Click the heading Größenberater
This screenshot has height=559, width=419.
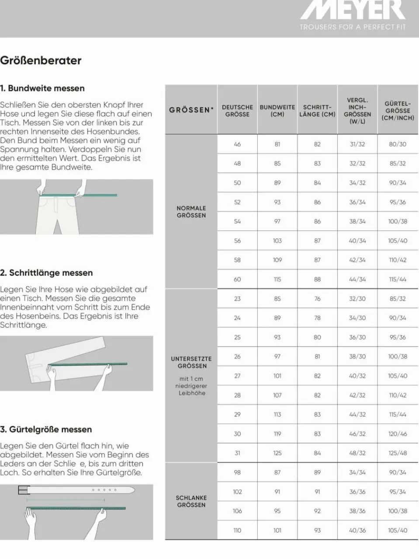[x=41, y=61]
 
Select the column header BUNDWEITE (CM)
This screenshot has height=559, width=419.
[x=277, y=110]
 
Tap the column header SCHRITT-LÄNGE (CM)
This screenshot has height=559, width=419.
[x=317, y=110]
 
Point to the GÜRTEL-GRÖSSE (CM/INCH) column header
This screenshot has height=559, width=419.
[x=398, y=110]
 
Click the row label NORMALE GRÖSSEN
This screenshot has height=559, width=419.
[x=191, y=212]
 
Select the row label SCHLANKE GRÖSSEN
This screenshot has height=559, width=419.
[x=191, y=501]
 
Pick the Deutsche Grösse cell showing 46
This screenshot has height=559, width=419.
[x=237, y=144]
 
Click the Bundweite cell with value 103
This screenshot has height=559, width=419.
[x=277, y=241]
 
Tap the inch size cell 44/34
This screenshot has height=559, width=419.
[x=357, y=279]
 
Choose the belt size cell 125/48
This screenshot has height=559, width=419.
[x=398, y=453]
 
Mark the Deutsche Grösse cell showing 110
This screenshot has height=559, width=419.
[x=237, y=530]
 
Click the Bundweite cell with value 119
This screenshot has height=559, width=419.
[x=277, y=434]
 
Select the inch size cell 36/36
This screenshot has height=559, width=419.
[x=357, y=492]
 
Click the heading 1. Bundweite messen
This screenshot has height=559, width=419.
[x=42, y=88]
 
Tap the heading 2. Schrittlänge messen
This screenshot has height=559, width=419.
[x=46, y=273]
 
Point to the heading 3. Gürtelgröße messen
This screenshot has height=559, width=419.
[x=46, y=429]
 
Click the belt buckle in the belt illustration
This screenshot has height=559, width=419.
[x=23, y=490]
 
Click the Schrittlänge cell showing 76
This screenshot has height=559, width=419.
[x=317, y=299]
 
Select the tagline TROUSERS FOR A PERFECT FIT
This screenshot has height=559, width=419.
[x=353, y=27]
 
